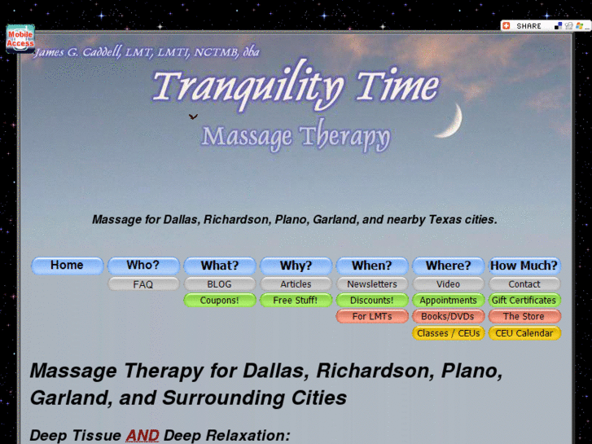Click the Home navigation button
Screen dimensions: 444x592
pos(67,266)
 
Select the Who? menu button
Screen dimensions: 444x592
pos(143,266)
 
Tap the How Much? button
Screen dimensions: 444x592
pos(524,266)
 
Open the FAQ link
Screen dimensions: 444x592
pos(143,284)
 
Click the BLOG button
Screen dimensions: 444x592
pos(220,284)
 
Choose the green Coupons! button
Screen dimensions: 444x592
pos(220,301)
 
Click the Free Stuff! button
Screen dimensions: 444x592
pos(296,301)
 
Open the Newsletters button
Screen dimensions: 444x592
pos(372,284)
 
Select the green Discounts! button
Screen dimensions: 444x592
pos(372,301)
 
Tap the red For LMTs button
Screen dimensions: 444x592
pos(372,317)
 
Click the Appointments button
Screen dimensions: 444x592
pos(448,301)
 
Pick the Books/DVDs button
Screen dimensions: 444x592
pos(448,317)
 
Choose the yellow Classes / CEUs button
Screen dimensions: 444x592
pos(448,333)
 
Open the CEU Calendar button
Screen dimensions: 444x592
pos(524,333)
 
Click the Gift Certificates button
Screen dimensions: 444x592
pos(524,301)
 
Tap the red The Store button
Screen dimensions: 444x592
pos(524,317)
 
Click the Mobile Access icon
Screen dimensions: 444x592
pos(20,38)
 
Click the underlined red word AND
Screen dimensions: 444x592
pos(143,435)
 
